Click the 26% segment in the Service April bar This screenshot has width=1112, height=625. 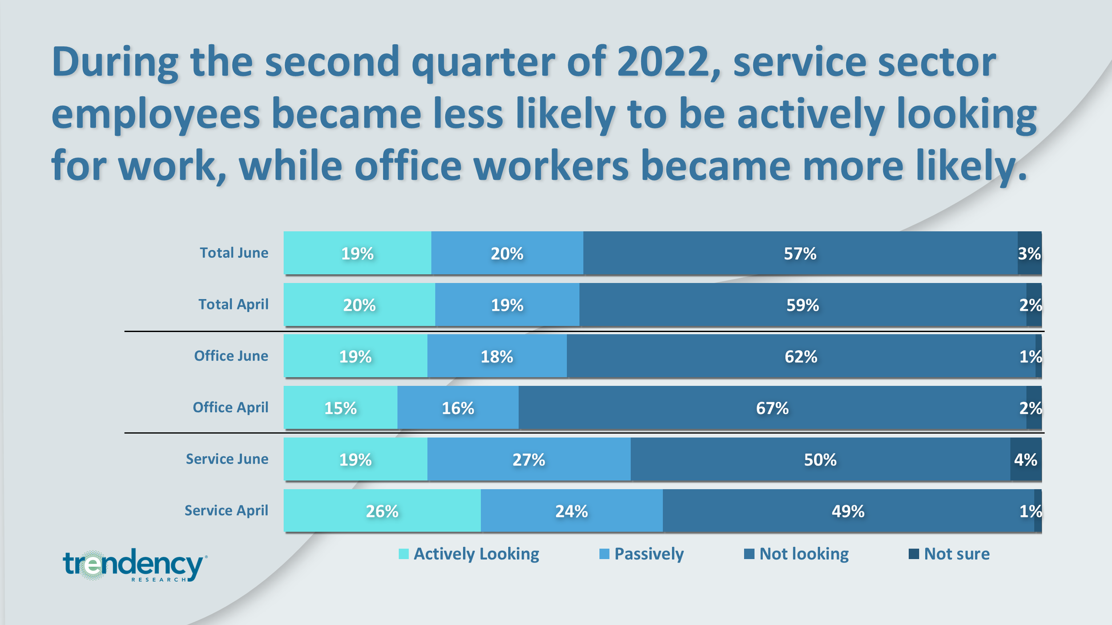[382, 511]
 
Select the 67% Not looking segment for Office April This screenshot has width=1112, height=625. [772, 408]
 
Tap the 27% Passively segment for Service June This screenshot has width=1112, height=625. [529, 459]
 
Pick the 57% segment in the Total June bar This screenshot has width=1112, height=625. [800, 253]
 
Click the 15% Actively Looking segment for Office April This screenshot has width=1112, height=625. [341, 408]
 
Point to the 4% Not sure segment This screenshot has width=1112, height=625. [1026, 459]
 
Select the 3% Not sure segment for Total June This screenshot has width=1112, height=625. [1030, 253]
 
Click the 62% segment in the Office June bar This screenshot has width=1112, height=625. [801, 356]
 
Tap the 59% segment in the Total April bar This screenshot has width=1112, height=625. [803, 304]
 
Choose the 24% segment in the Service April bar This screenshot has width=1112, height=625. [572, 511]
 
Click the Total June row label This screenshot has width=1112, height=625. [234, 253]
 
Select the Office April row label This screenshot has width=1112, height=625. [230, 408]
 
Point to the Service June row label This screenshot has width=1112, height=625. [227, 459]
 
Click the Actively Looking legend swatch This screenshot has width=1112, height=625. [403, 554]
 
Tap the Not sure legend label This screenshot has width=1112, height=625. [957, 554]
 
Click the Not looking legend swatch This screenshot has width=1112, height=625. [749, 554]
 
